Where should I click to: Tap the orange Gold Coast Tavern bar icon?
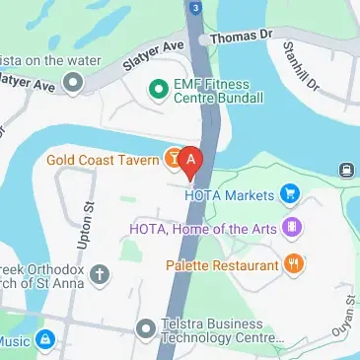pyautogui.click(x=171, y=159)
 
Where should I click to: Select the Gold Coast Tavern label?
pyautogui.click(x=103, y=160)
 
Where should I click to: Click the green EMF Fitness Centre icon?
pyautogui.click(x=156, y=91)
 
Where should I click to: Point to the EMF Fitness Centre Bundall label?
pyautogui.click(x=218, y=92)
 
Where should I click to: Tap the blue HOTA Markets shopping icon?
pyautogui.click(x=289, y=194)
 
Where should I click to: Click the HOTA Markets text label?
pyautogui.click(x=228, y=194)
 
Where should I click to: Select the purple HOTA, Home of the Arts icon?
pyautogui.click(x=290, y=229)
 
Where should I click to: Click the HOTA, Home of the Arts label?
pyautogui.click(x=203, y=229)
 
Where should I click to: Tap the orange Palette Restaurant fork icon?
pyautogui.click(x=293, y=263)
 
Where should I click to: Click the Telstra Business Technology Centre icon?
pyautogui.click(x=146, y=326)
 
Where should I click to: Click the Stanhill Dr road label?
pyautogui.click(x=299, y=67)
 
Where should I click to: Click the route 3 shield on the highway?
pyautogui.click(x=197, y=8)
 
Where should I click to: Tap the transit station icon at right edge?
pyautogui.click(x=347, y=170)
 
